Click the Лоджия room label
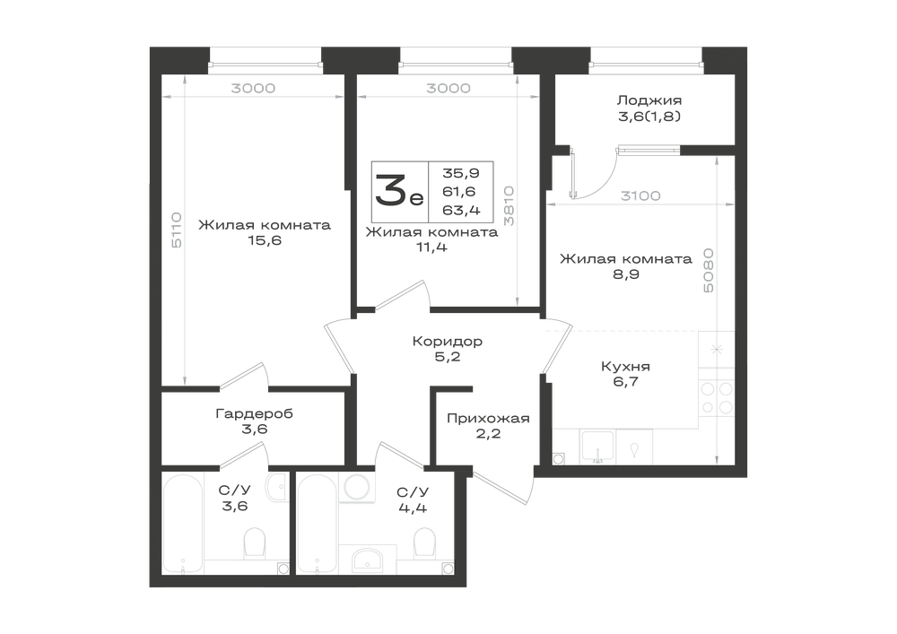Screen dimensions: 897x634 pyautogui.click(x=649, y=100)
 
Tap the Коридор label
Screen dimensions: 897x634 pyautogui.click(x=448, y=342)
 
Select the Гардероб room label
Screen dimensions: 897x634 pyautogui.click(x=255, y=413)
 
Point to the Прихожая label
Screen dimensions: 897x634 pyautogui.click(x=488, y=419)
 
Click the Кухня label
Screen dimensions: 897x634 pyautogui.click(x=625, y=367)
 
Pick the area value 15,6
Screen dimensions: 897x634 pyautogui.click(x=265, y=240)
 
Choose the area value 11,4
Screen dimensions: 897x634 pyautogui.click(x=432, y=248)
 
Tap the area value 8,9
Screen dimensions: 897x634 pyautogui.click(x=626, y=274)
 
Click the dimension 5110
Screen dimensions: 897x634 pyautogui.click(x=177, y=230)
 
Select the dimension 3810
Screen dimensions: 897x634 pyautogui.click(x=509, y=206)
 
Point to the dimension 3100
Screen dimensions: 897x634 pyautogui.click(x=640, y=196)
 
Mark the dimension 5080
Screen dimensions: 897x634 pyautogui.click(x=709, y=271)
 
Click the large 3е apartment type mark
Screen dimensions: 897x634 pyautogui.click(x=399, y=192)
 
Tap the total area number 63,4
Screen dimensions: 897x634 pyautogui.click(x=461, y=211)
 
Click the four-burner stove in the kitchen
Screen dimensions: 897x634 pyautogui.click(x=717, y=397)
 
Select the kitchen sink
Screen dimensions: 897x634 pyautogui.click(x=597, y=447)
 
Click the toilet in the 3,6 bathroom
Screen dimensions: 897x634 pyautogui.click(x=255, y=543)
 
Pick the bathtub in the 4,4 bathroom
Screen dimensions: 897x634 pyautogui.click(x=318, y=523)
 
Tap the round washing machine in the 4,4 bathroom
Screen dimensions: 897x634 pyautogui.click(x=357, y=487)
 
